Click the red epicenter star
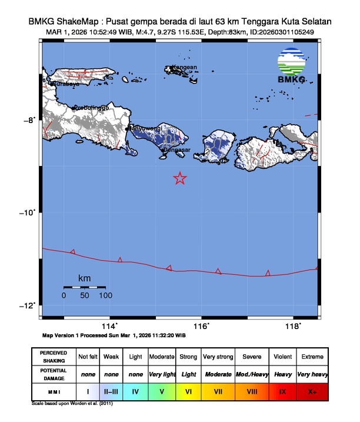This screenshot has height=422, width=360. [180, 178]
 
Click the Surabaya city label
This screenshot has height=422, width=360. [66, 84]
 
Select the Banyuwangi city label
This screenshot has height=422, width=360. [145, 128]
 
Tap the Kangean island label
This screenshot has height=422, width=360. [184, 67]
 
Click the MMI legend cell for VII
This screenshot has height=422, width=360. [218, 390]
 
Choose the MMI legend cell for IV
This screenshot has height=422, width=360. [135, 390]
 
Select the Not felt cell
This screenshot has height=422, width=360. [88, 357]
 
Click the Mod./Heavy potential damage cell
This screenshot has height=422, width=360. [251, 374]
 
